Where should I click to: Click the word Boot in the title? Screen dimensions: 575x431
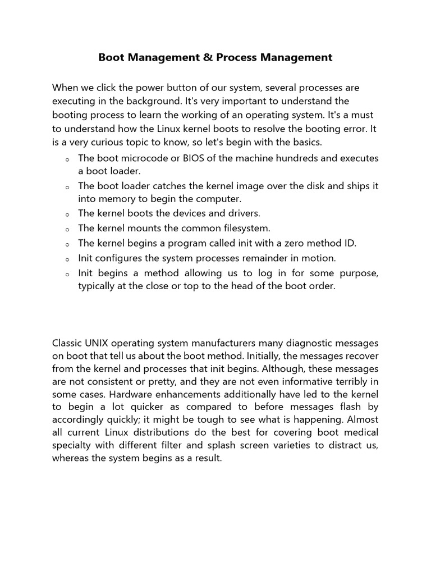pos(112,57)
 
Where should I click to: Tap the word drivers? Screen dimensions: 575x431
pos(243,213)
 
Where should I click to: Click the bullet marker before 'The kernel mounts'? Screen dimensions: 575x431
pos(67,229)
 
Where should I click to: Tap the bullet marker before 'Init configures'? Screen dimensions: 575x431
pos(67,259)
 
